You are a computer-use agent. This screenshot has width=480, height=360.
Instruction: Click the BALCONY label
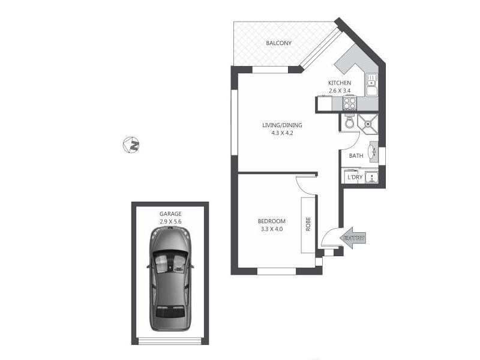click(279, 43)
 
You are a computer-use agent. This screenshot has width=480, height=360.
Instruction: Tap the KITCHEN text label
click(339, 83)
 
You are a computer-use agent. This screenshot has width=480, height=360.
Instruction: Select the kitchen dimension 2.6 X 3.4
click(339, 91)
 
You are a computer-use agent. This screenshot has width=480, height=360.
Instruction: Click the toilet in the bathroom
click(349, 123)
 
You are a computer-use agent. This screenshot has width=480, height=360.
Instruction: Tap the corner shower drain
click(367, 124)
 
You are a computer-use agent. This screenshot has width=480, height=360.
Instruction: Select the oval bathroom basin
click(372, 152)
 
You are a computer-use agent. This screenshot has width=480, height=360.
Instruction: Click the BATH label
click(356, 156)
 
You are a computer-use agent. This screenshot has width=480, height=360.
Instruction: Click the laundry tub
click(372, 177)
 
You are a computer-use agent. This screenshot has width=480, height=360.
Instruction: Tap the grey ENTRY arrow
click(354, 238)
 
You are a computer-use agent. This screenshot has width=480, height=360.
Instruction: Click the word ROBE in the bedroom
click(308, 224)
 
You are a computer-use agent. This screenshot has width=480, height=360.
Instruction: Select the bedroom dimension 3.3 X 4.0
click(271, 229)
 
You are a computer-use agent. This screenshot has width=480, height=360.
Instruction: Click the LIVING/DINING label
click(282, 125)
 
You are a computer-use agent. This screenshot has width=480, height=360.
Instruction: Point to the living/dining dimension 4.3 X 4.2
click(282, 134)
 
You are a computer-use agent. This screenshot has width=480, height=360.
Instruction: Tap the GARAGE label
click(170, 214)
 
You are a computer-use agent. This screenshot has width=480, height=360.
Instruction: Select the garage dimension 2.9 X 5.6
click(170, 222)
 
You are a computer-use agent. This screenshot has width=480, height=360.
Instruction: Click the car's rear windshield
click(170, 312)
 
